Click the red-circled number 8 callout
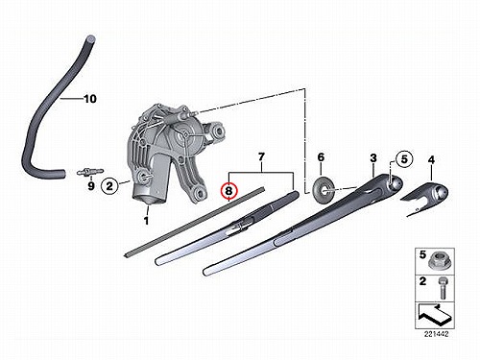[x=229, y=191]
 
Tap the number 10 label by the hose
[x=90, y=99]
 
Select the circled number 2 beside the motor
[x=109, y=185]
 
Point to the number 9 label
[x=91, y=185]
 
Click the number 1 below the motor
[x=146, y=221]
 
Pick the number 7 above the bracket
[x=261, y=157]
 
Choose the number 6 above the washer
[x=321, y=157]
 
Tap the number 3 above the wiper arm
[x=373, y=158]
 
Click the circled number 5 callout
[x=404, y=159]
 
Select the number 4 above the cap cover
[x=431, y=159]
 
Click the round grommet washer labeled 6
[x=324, y=189]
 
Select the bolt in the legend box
[x=443, y=288]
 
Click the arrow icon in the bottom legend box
[x=435, y=314]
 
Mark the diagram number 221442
[x=436, y=334]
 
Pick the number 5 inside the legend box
[x=422, y=254]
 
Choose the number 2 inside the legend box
[x=422, y=281]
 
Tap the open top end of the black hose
[x=90, y=38]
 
